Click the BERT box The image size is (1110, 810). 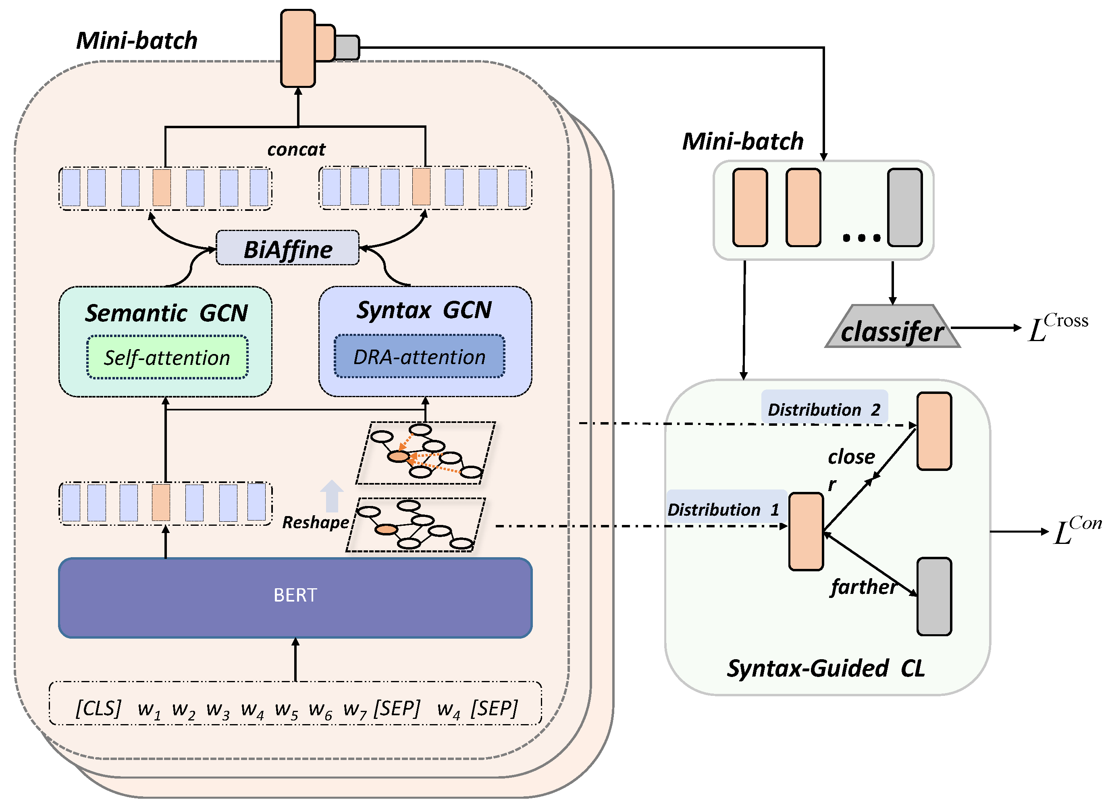[x=295, y=597]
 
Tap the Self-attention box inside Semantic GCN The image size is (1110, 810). [x=167, y=358]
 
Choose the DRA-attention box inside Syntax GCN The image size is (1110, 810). [x=419, y=356]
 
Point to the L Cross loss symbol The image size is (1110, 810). [x=1056, y=327]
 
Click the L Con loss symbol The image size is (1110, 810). [x=1076, y=530]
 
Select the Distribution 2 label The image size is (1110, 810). [x=823, y=408]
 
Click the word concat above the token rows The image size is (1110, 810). [x=296, y=149]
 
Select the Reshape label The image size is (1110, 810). [x=315, y=522]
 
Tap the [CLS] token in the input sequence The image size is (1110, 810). [x=98, y=708]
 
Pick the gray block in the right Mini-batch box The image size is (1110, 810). [x=905, y=207]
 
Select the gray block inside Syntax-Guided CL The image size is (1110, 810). [x=934, y=596]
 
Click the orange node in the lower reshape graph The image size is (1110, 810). [x=386, y=529]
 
